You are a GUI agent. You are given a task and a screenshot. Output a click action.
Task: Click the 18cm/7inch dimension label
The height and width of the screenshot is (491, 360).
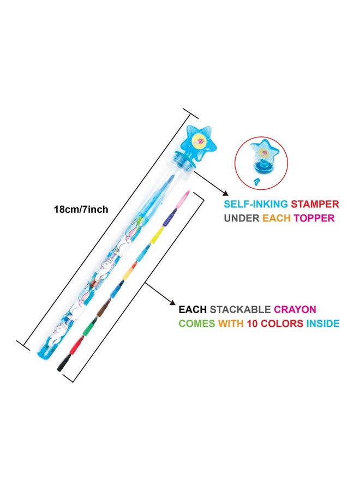(x=81, y=209)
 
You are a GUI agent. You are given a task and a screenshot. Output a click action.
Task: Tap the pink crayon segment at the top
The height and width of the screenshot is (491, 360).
(x=183, y=199)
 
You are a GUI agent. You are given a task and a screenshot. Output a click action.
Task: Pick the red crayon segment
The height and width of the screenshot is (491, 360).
(x=76, y=345)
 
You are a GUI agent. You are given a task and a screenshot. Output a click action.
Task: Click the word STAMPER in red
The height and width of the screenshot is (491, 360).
(x=315, y=204)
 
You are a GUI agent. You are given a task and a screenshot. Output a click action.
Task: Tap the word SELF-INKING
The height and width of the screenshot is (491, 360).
(x=255, y=204)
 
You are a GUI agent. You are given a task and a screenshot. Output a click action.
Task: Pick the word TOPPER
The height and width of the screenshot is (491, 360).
(x=314, y=218)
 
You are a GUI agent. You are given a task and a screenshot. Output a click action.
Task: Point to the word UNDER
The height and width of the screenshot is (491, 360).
(x=241, y=218)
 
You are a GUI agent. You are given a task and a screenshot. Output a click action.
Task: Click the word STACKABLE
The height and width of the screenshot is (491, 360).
(x=240, y=309)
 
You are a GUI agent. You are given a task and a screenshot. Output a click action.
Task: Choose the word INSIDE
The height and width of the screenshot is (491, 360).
(x=323, y=323)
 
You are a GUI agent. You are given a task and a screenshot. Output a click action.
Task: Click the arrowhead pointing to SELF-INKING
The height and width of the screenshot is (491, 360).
(x=224, y=193)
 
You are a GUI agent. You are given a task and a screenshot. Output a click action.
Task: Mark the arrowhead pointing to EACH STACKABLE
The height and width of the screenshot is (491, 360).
(x=172, y=302)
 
